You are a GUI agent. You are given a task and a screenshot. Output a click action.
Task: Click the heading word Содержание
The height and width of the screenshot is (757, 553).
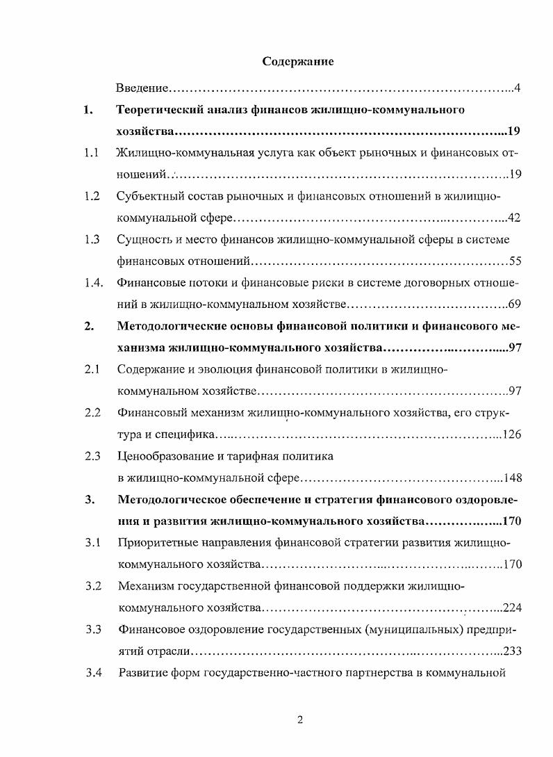coord(298,62)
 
